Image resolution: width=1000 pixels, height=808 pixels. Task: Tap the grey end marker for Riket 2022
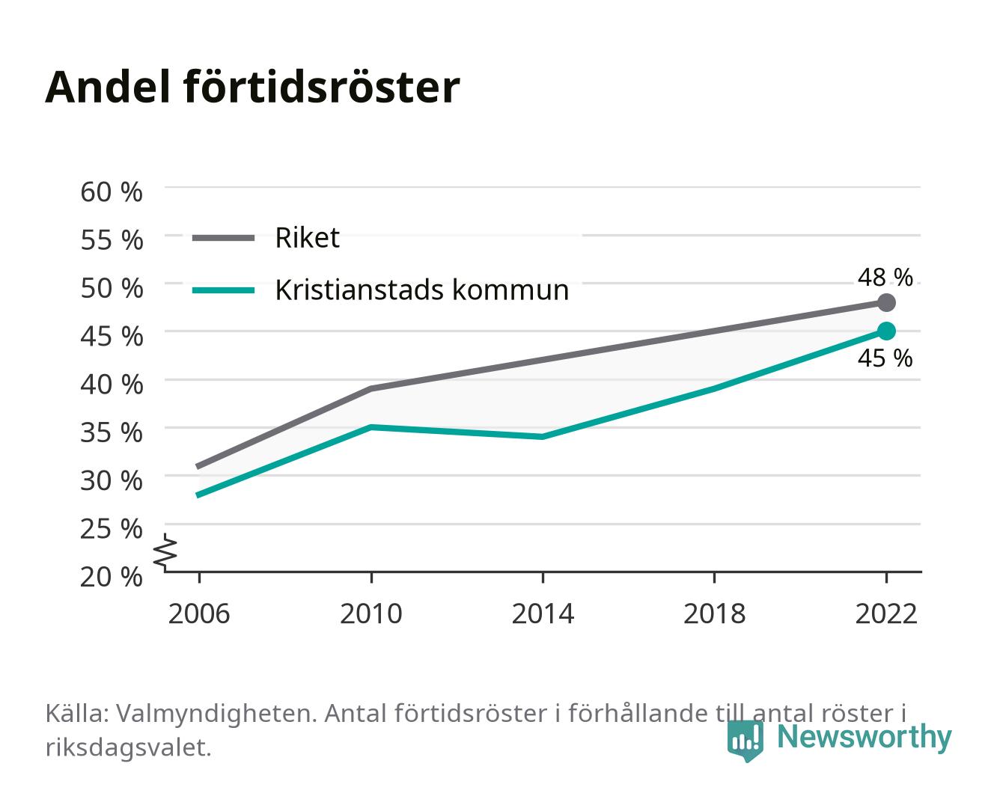point(886,303)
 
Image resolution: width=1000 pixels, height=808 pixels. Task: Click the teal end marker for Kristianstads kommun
point(886,331)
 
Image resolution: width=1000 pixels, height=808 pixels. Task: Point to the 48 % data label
point(885,278)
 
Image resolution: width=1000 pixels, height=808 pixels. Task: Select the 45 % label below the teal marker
point(885,358)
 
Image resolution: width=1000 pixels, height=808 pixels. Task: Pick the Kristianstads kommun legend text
point(421,290)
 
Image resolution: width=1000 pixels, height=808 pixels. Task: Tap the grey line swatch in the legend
point(224,239)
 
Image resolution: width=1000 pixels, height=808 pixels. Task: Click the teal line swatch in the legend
point(224,290)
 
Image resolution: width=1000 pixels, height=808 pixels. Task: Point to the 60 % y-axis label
point(112,192)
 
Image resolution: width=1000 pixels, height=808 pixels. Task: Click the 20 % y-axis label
point(112,577)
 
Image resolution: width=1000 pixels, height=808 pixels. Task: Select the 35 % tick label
point(112,432)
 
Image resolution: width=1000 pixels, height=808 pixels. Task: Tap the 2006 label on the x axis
point(199,613)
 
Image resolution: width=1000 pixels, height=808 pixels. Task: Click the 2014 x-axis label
point(543,613)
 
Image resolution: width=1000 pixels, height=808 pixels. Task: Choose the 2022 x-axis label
point(886,613)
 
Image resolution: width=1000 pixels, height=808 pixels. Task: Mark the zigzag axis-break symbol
point(165,552)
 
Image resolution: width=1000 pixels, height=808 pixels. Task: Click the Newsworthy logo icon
point(746,741)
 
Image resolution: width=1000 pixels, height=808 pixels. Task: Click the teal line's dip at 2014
point(543,437)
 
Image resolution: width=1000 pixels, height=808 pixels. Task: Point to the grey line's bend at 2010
point(371,389)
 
